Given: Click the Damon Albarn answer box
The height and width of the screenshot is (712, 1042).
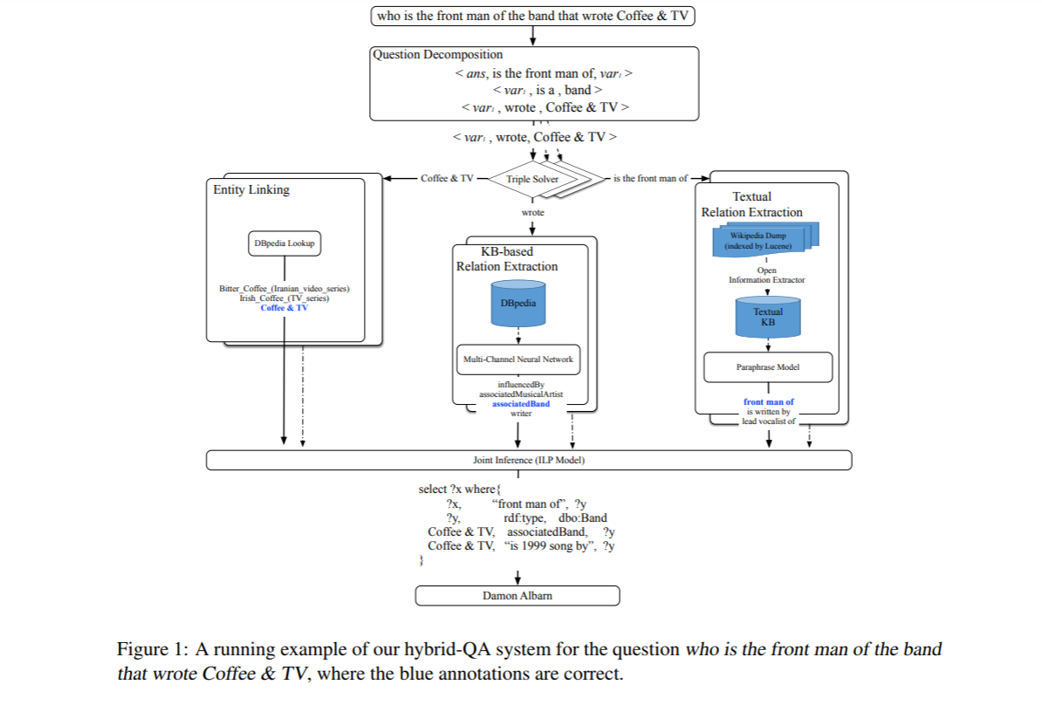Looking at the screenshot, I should pyautogui.click(x=518, y=596).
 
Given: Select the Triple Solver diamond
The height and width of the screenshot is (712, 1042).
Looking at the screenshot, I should pyautogui.click(x=531, y=179).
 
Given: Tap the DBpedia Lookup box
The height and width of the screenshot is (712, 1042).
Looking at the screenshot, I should pyautogui.click(x=284, y=243).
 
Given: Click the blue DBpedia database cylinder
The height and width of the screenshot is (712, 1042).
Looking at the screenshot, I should pyautogui.click(x=518, y=303).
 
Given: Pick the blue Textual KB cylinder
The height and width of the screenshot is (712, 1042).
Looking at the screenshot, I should pyautogui.click(x=767, y=317).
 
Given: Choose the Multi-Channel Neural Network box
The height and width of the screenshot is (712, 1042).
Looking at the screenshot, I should pyautogui.click(x=518, y=359).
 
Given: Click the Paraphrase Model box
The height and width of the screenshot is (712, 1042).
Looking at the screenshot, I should pyautogui.click(x=768, y=367).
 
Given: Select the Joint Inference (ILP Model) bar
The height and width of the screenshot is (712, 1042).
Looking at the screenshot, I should pyautogui.click(x=529, y=460).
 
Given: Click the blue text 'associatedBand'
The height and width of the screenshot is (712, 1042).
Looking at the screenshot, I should pyautogui.click(x=521, y=404).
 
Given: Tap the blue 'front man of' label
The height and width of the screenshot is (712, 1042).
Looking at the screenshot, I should pyautogui.click(x=768, y=402).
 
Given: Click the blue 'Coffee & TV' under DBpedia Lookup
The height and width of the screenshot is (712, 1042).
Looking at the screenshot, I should pyautogui.click(x=284, y=308).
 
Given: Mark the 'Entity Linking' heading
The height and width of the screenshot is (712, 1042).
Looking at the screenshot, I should pyautogui.click(x=251, y=189).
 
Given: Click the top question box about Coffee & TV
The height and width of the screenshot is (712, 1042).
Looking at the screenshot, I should pyautogui.click(x=532, y=15).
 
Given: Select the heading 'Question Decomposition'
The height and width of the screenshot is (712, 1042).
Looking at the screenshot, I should pyautogui.click(x=437, y=55).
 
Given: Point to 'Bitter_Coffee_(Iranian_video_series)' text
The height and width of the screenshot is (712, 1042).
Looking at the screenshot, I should pyautogui.click(x=284, y=289).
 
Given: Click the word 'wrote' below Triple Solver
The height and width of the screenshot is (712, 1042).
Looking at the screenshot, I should pyautogui.click(x=532, y=213).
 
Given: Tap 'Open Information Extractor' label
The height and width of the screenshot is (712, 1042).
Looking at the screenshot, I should pyautogui.click(x=767, y=276).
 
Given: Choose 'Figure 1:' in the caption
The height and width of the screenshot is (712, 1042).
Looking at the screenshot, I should pyautogui.click(x=153, y=650).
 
